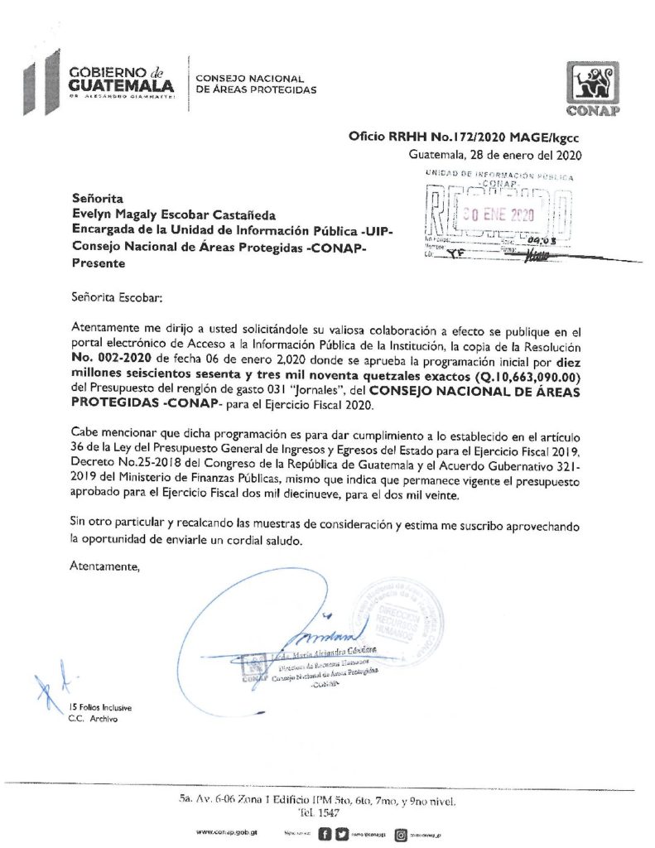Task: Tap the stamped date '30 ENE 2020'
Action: coord(498,214)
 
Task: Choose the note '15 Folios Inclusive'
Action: coord(100,708)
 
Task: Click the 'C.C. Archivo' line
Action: coord(93,720)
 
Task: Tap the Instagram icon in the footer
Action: coord(401,831)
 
